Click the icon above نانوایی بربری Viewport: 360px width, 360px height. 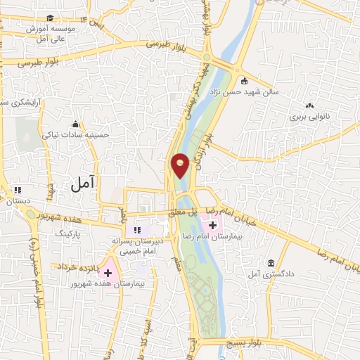click(309, 105)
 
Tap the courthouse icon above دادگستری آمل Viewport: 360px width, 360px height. click(271, 264)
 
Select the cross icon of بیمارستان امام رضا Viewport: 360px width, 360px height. click(213, 225)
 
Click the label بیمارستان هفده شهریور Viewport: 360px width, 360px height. click(104, 285)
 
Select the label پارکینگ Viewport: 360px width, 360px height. click(69, 231)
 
